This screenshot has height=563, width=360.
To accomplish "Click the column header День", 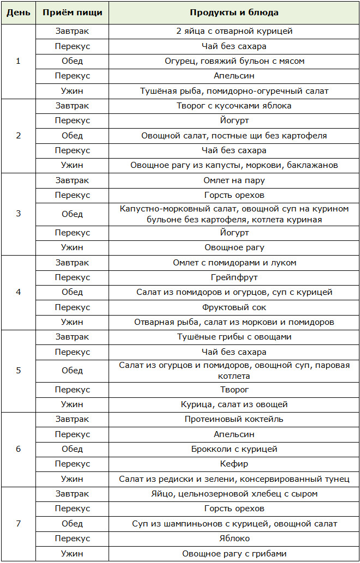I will pos(18,13).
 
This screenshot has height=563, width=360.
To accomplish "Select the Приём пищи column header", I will pos(72,13).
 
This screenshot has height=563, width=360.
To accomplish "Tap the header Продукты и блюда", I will pos(234,13).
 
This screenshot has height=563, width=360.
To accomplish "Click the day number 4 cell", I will pos(18,292).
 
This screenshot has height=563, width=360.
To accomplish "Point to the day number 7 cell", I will pos(18,524).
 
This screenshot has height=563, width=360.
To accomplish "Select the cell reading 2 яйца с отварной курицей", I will pos(234,31).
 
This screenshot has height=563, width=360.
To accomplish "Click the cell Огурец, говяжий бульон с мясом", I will pos(234,61).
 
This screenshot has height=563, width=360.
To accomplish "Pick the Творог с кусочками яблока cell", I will pos(234,106).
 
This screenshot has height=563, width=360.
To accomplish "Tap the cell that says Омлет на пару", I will pos(234,180).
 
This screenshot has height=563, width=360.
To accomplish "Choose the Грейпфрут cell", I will pos(234,277).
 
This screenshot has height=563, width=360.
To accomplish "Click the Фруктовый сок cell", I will pos(234,307).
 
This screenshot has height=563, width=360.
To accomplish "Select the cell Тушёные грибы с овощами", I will pos(234,337).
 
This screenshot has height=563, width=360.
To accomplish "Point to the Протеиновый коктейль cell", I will pos(234,420).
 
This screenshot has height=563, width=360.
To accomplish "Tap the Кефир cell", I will pos(234,464).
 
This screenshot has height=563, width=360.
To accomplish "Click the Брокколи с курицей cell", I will pos(234,449).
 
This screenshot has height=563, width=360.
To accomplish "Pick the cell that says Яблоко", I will pos(234,538).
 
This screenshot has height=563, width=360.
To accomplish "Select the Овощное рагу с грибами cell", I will pos(234,554).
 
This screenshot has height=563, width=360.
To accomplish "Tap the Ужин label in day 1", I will pos(72,91).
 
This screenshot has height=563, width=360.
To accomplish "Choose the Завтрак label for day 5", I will pos(72,337).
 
